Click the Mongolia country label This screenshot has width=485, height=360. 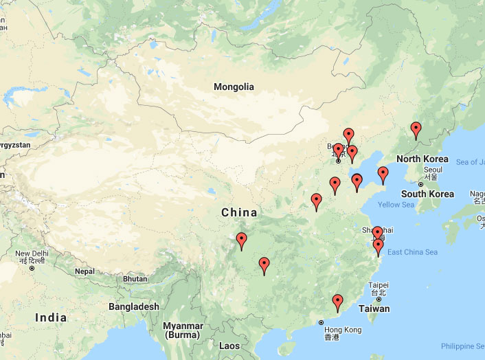(x=234, y=87)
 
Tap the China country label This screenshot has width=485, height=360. (x=239, y=212)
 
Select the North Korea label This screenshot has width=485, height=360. (x=422, y=159)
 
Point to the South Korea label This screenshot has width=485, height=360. (x=427, y=194)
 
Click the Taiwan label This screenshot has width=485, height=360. (x=374, y=308)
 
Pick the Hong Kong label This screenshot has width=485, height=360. (x=343, y=330)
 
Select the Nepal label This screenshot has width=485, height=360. (x=84, y=271)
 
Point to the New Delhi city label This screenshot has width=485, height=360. (x=32, y=254)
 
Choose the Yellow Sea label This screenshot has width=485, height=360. (x=396, y=205)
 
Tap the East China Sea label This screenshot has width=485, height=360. (x=412, y=252)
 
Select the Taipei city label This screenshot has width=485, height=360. (x=379, y=285)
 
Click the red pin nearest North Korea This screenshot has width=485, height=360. (x=416, y=129)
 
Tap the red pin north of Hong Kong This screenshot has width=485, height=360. (x=337, y=302)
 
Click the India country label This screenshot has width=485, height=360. (x=51, y=317)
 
